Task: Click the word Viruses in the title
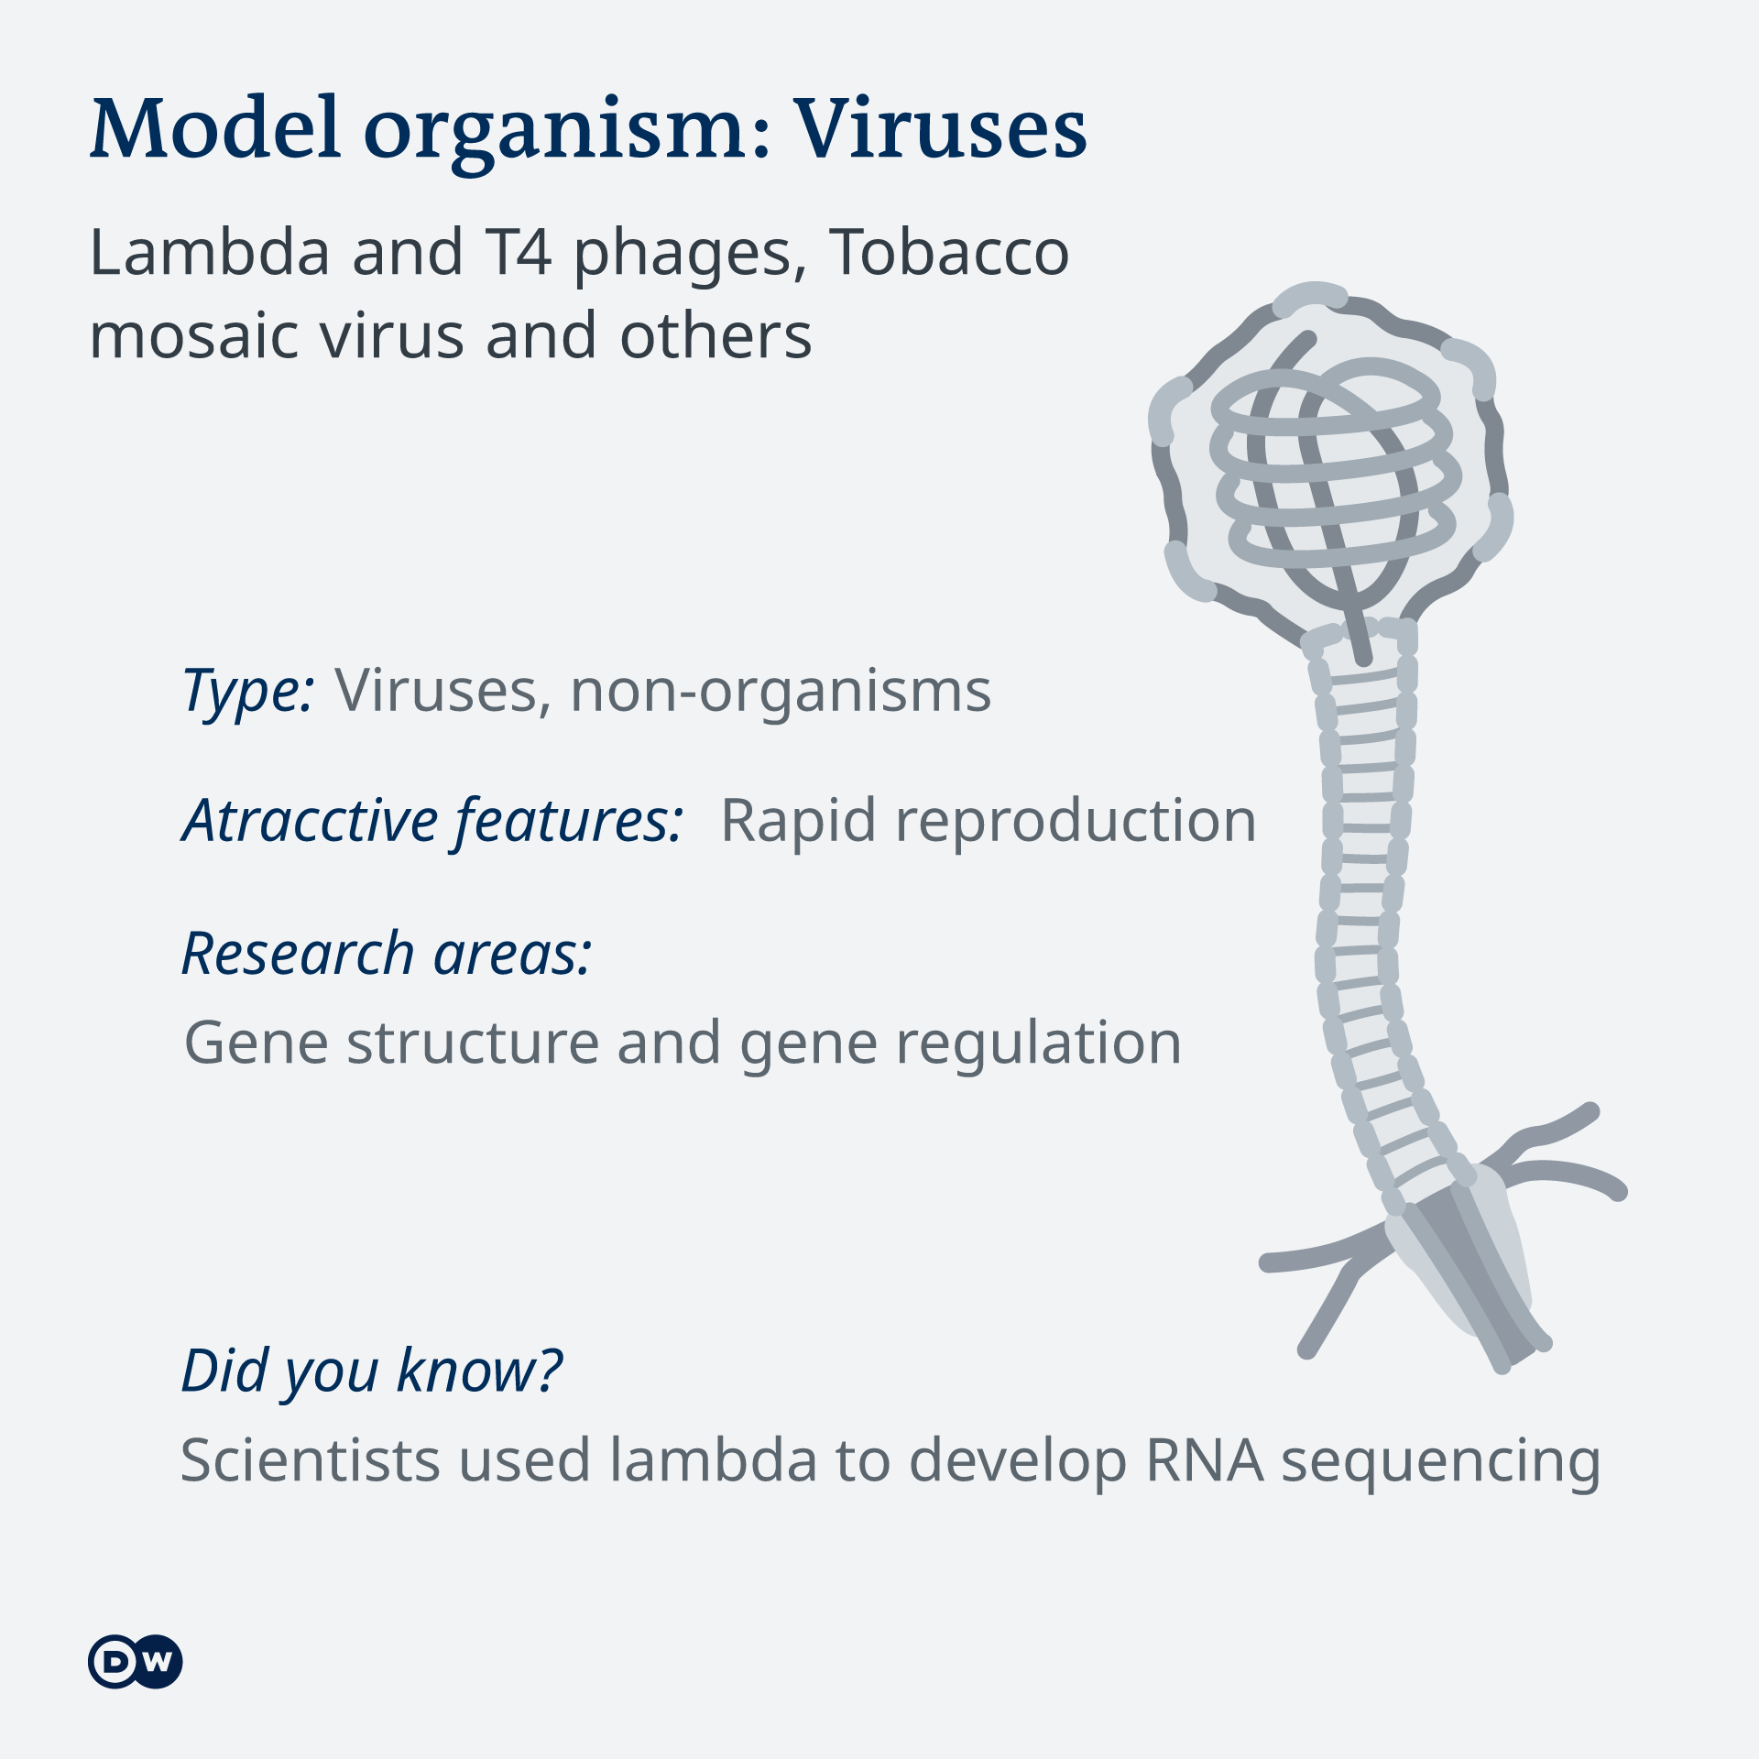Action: pyautogui.click(x=940, y=128)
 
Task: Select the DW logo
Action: pyautogui.click(x=136, y=1661)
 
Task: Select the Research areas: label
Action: pyautogui.click(x=387, y=954)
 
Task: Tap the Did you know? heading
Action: pyautogui.click(x=372, y=1371)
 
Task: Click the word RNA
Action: pyautogui.click(x=1206, y=1460)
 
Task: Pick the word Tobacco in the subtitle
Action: pyautogui.click(x=950, y=252)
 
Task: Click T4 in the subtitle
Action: pyautogui.click(x=519, y=253)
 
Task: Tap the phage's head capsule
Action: pyautogui.click(x=1330, y=467)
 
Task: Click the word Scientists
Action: pyautogui.click(x=311, y=1460)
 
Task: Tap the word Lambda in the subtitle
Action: pyautogui.click(x=210, y=252)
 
